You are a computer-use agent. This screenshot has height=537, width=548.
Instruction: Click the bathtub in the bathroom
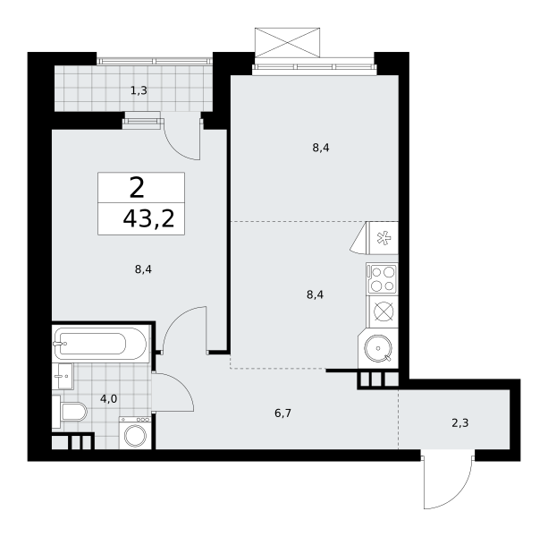(101, 343)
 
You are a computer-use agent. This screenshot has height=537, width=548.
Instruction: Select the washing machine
(135, 433)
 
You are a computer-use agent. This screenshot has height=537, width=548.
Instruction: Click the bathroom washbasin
(63, 376)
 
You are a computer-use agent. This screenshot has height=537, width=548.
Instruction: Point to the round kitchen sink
(378, 348)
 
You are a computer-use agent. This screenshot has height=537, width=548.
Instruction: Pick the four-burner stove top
(382, 278)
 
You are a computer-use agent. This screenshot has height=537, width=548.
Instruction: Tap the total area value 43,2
(148, 219)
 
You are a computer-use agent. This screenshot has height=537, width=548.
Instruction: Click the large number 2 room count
(136, 188)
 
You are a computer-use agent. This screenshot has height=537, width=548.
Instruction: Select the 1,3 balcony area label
(139, 91)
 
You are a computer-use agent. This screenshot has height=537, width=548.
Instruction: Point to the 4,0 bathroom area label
(108, 399)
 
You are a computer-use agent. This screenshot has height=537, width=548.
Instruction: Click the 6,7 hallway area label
(282, 413)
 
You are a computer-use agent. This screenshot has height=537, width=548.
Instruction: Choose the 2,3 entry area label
(459, 423)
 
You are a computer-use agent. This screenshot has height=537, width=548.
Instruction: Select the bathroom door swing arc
(181, 384)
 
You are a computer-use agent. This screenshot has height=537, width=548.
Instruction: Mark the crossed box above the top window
(287, 42)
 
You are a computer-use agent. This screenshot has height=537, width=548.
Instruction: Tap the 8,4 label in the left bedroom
(143, 269)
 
